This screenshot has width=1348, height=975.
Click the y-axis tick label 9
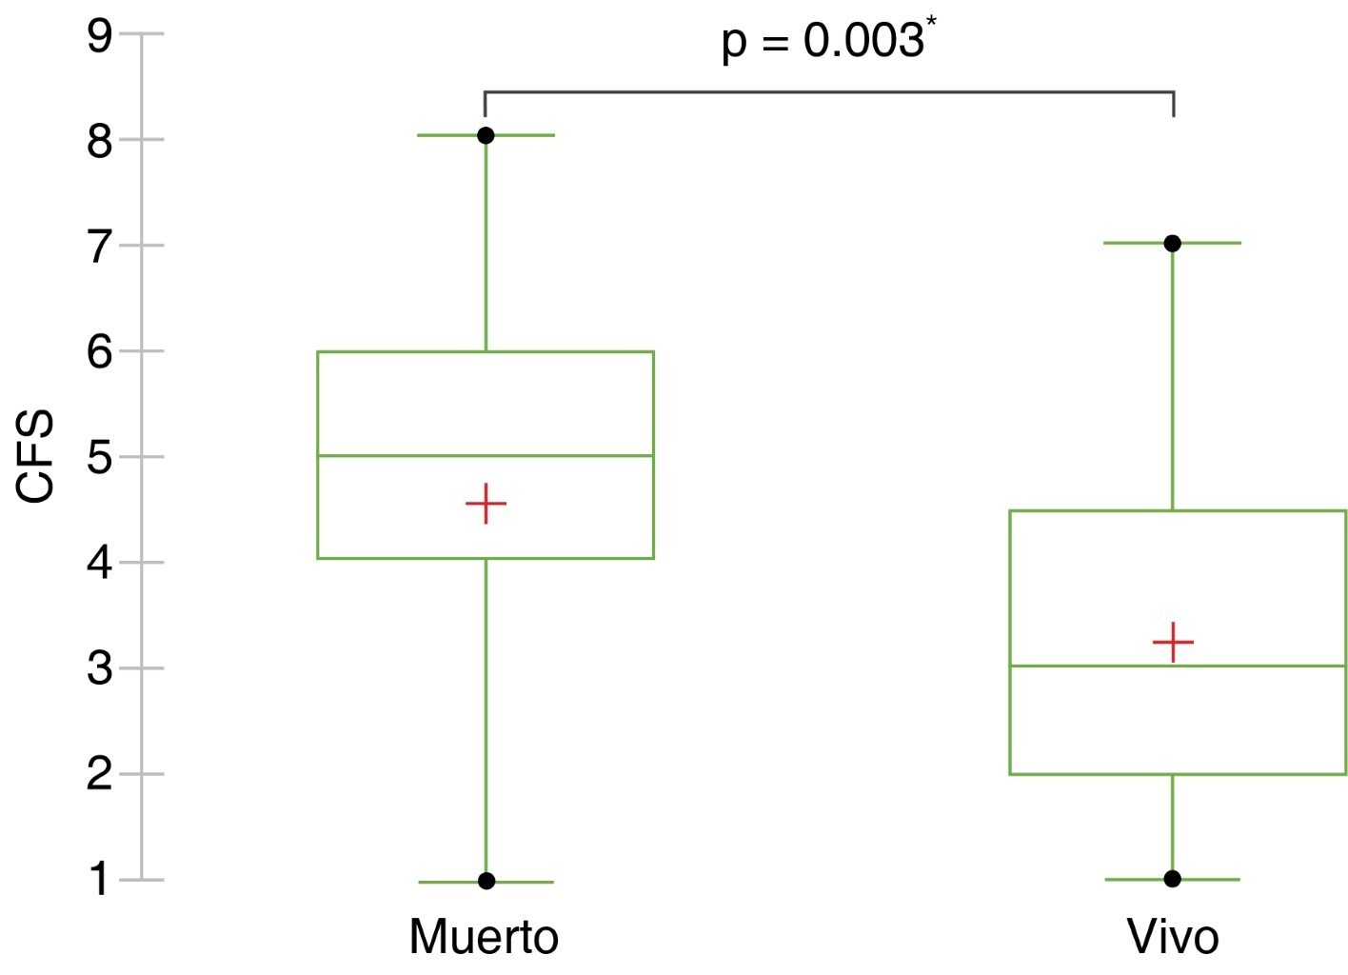(x=100, y=35)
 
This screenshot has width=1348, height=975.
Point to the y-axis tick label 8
(x=100, y=142)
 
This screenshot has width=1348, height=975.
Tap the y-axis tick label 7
(x=100, y=248)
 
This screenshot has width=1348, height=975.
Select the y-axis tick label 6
(x=100, y=352)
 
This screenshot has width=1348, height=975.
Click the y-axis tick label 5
(x=100, y=459)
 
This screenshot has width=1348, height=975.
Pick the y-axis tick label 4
(x=100, y=564)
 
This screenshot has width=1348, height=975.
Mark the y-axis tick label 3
(x=100, y=669)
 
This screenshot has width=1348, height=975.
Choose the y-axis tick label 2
(x=100, y=775)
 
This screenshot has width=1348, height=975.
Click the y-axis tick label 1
(x=100, y=881)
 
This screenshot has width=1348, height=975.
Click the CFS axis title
(x=35, y=455)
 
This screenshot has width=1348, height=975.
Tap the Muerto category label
(x=485, y=938)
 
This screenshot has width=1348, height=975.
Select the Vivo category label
(x=1173, y=938)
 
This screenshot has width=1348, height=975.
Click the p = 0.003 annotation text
(x=823, y=42)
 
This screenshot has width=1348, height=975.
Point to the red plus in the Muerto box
(x=486, y=504)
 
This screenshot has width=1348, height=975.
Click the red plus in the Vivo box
(x=1173, y=643)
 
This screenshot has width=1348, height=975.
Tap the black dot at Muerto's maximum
(x=486, y=136)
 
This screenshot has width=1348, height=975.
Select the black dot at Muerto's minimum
(x=486, y=881)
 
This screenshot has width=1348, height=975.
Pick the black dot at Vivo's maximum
(x=1172, y=244)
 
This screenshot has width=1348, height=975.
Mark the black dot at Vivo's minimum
(x=1172, y=879)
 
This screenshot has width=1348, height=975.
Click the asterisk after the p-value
(x=932, y=22)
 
